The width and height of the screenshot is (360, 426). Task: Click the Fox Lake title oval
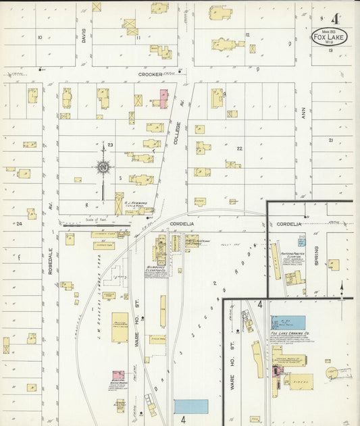[x=330, y=36]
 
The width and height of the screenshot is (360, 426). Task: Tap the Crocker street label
[x=150, y=74]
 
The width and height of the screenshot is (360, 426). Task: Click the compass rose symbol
[x=103, y=167]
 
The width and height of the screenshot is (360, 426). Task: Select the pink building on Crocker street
[x=163, y=98]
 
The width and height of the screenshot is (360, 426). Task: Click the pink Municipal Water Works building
[x=118, y=375]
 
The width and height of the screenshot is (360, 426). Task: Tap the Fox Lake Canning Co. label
[x=289, y=334]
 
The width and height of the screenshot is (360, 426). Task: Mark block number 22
[x=239, y=148]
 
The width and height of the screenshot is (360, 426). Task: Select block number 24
[x=20, y=223]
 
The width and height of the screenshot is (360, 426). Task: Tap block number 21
[x=330, y=140]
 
